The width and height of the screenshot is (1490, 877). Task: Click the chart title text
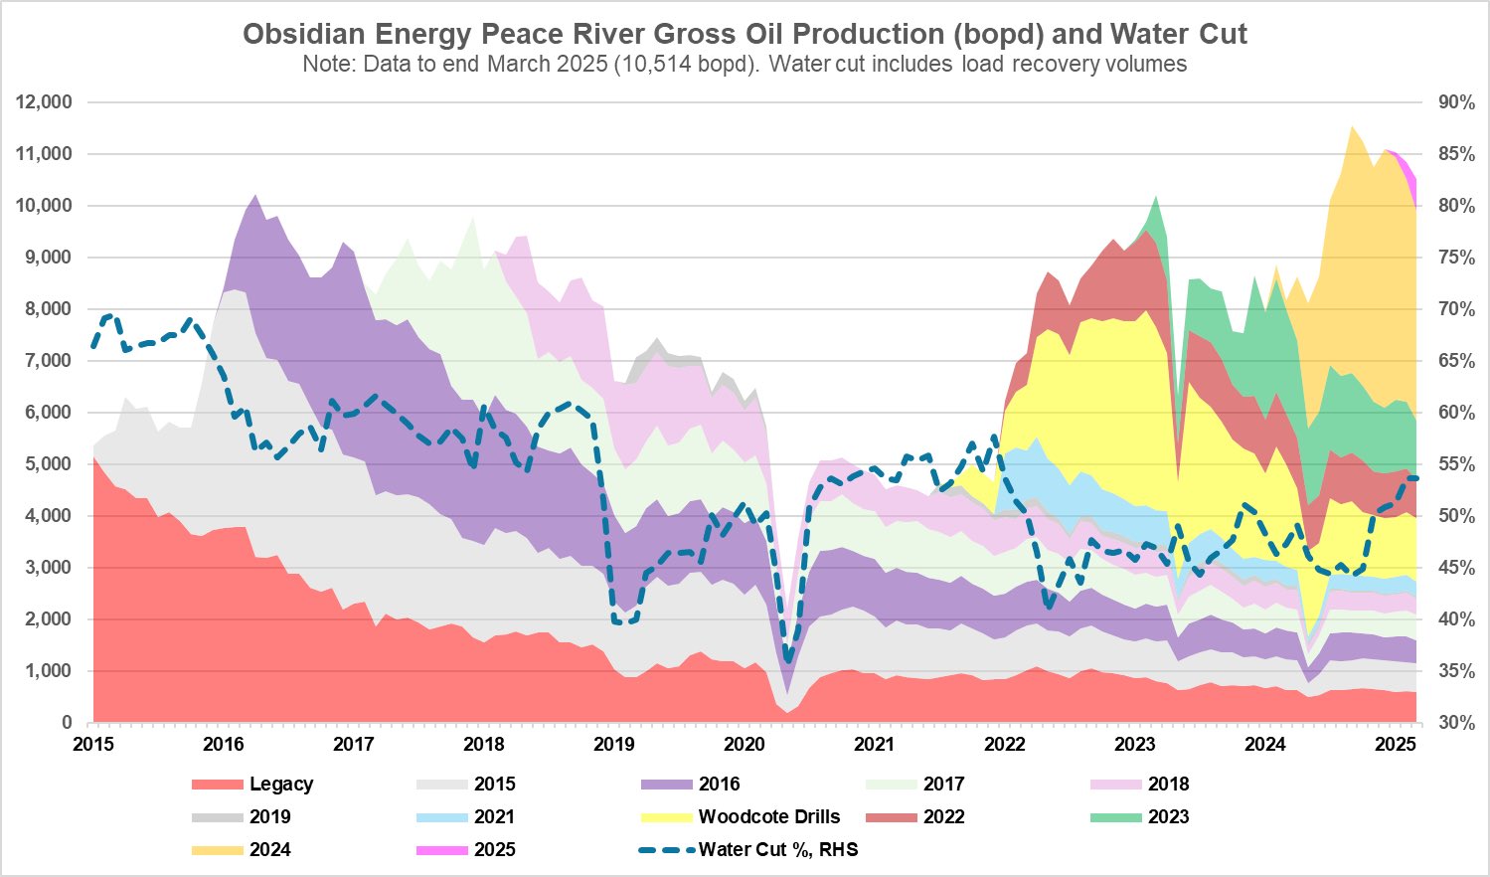[745, 34]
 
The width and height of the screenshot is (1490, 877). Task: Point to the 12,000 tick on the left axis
[44, 102]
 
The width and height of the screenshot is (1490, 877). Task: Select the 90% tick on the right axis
[1456, 102]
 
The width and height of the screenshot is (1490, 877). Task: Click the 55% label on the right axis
[1456, 464]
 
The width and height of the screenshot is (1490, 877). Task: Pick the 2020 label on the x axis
[745, 744]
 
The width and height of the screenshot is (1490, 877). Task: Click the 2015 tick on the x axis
[93, 744]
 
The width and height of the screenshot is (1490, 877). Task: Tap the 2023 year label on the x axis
[1135, 744]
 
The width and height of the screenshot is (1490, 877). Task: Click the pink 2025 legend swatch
[441, 850]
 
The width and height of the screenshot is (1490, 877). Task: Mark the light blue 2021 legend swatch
[441, 817]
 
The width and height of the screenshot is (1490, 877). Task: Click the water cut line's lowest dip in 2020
[787, 659]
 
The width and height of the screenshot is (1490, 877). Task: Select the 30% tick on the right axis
[1456, 723]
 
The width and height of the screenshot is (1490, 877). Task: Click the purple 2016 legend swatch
[666, 785]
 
